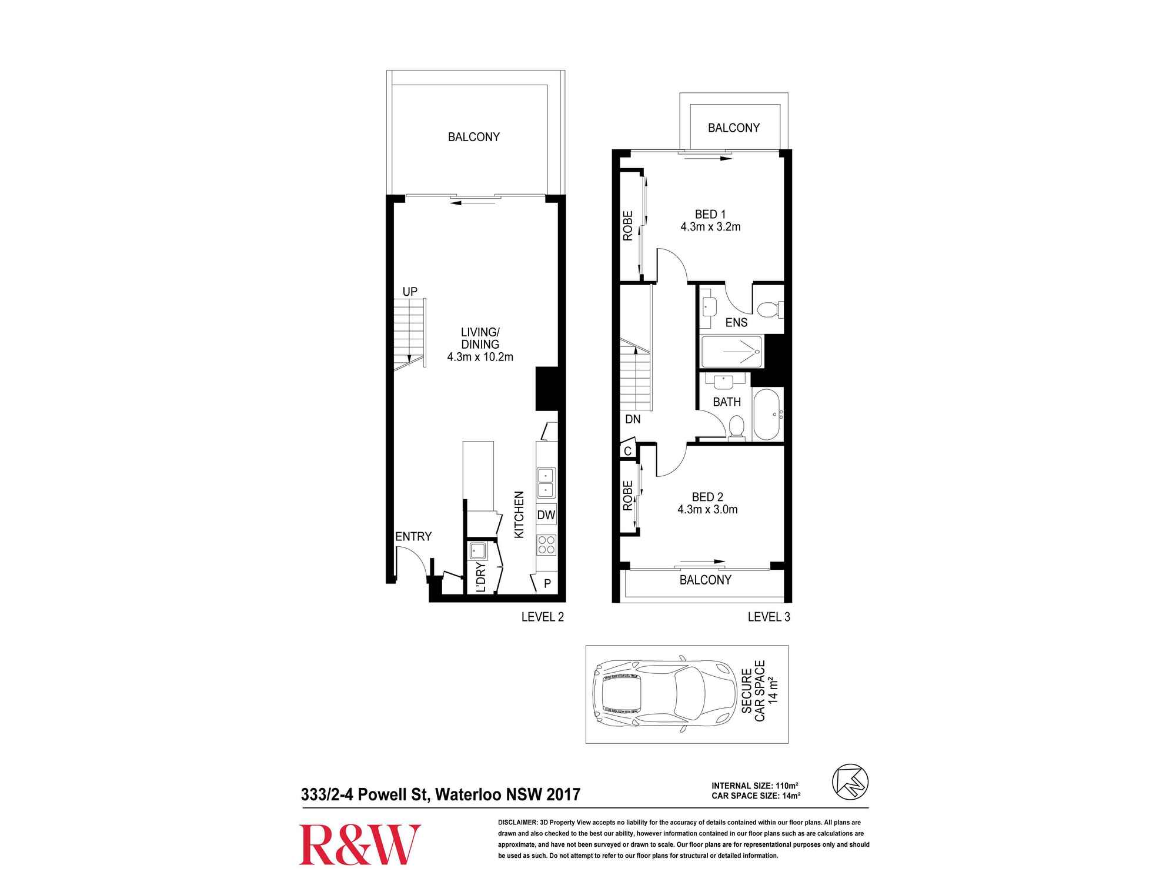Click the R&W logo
pyautogui.click(x=360, y=844)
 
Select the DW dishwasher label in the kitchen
pyautogui.click(x=546, y=515)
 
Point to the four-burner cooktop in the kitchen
pyautogui.click(x=546, y=545)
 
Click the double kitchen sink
pyautogui.click(x=546, y=483)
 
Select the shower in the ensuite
pyautogui.click(x=732, y=352)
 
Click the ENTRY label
pyautogui.click(x=413, y=536)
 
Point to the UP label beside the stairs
pyautogui.click(x=410, y=292)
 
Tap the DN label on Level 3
pyautogui.click(x=633, y=419)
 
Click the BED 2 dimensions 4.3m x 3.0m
pyautogui.click(x=707, y=510)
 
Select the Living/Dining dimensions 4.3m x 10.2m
pyautogui.click(x=480, y=357)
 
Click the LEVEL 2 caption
pyautogui.click(x=543, y=617)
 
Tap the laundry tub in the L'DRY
pyautogui.click(x=477, y=551)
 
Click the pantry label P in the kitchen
pyautogui.click(x=547, y=584)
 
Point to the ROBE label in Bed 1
pyautogui.click(x=627, y=226)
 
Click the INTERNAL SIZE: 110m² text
pyautogui.click(x=754, y=786)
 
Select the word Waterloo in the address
pyautogui.click(x=468, y=794)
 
